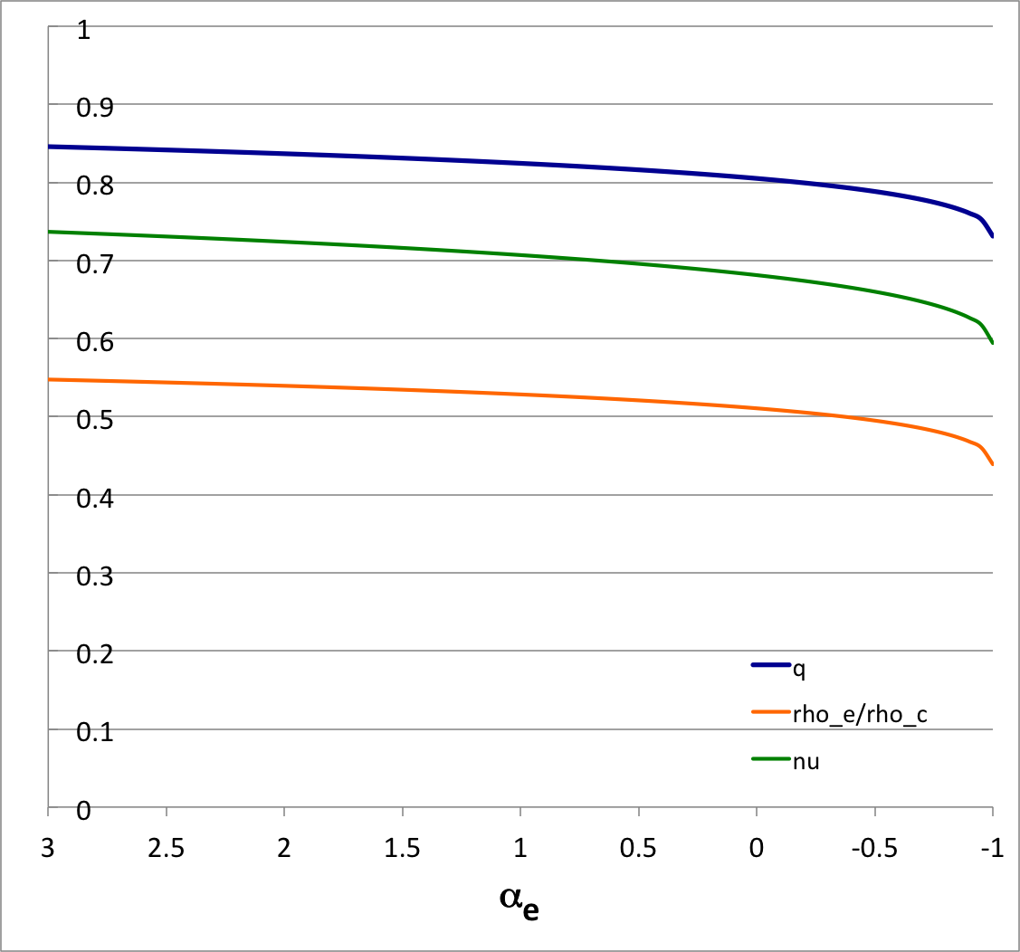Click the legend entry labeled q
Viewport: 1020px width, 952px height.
click(x=799, y=667)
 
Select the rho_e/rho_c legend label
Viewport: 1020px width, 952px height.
click(x=860, y=714)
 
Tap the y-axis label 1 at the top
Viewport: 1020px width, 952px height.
click(x=84, y=29)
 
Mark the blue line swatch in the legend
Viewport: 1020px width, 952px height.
click(x=771, y=665)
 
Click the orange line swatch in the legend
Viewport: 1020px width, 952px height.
click(x=771, y=712)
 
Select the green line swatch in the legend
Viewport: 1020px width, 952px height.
click(x=771, y=759)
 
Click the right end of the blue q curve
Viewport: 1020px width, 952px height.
click(x=993, y=237)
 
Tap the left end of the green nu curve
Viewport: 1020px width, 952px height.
click(x=49, y=232)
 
